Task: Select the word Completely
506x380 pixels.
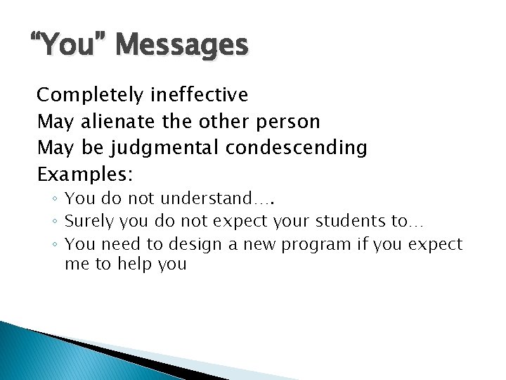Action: [88, 95]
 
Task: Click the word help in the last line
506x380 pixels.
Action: [134, 265]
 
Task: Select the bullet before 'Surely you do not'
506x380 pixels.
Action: [54, 222]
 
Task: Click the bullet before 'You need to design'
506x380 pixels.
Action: [54, 245]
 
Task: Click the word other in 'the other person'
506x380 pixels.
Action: [219, 122]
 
